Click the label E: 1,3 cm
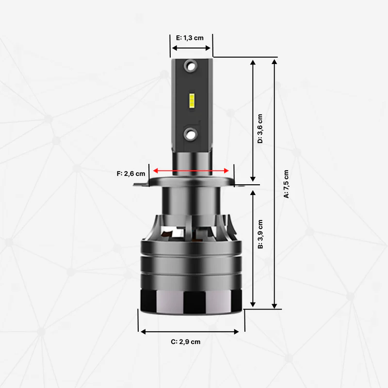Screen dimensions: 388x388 click(190, 38)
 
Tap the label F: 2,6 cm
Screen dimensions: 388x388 click(131, 174)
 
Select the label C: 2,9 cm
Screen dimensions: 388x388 click(186, 342)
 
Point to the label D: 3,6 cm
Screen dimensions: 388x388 click(260, 129)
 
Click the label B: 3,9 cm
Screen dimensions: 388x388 click(260, 234)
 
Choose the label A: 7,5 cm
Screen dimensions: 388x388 click(286, 184)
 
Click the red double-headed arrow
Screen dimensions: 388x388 click(191, 171)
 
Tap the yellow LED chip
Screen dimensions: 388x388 click(192, 100)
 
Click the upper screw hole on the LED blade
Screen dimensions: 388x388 click(191, 66)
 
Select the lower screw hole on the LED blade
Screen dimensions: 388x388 click(191, 134)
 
